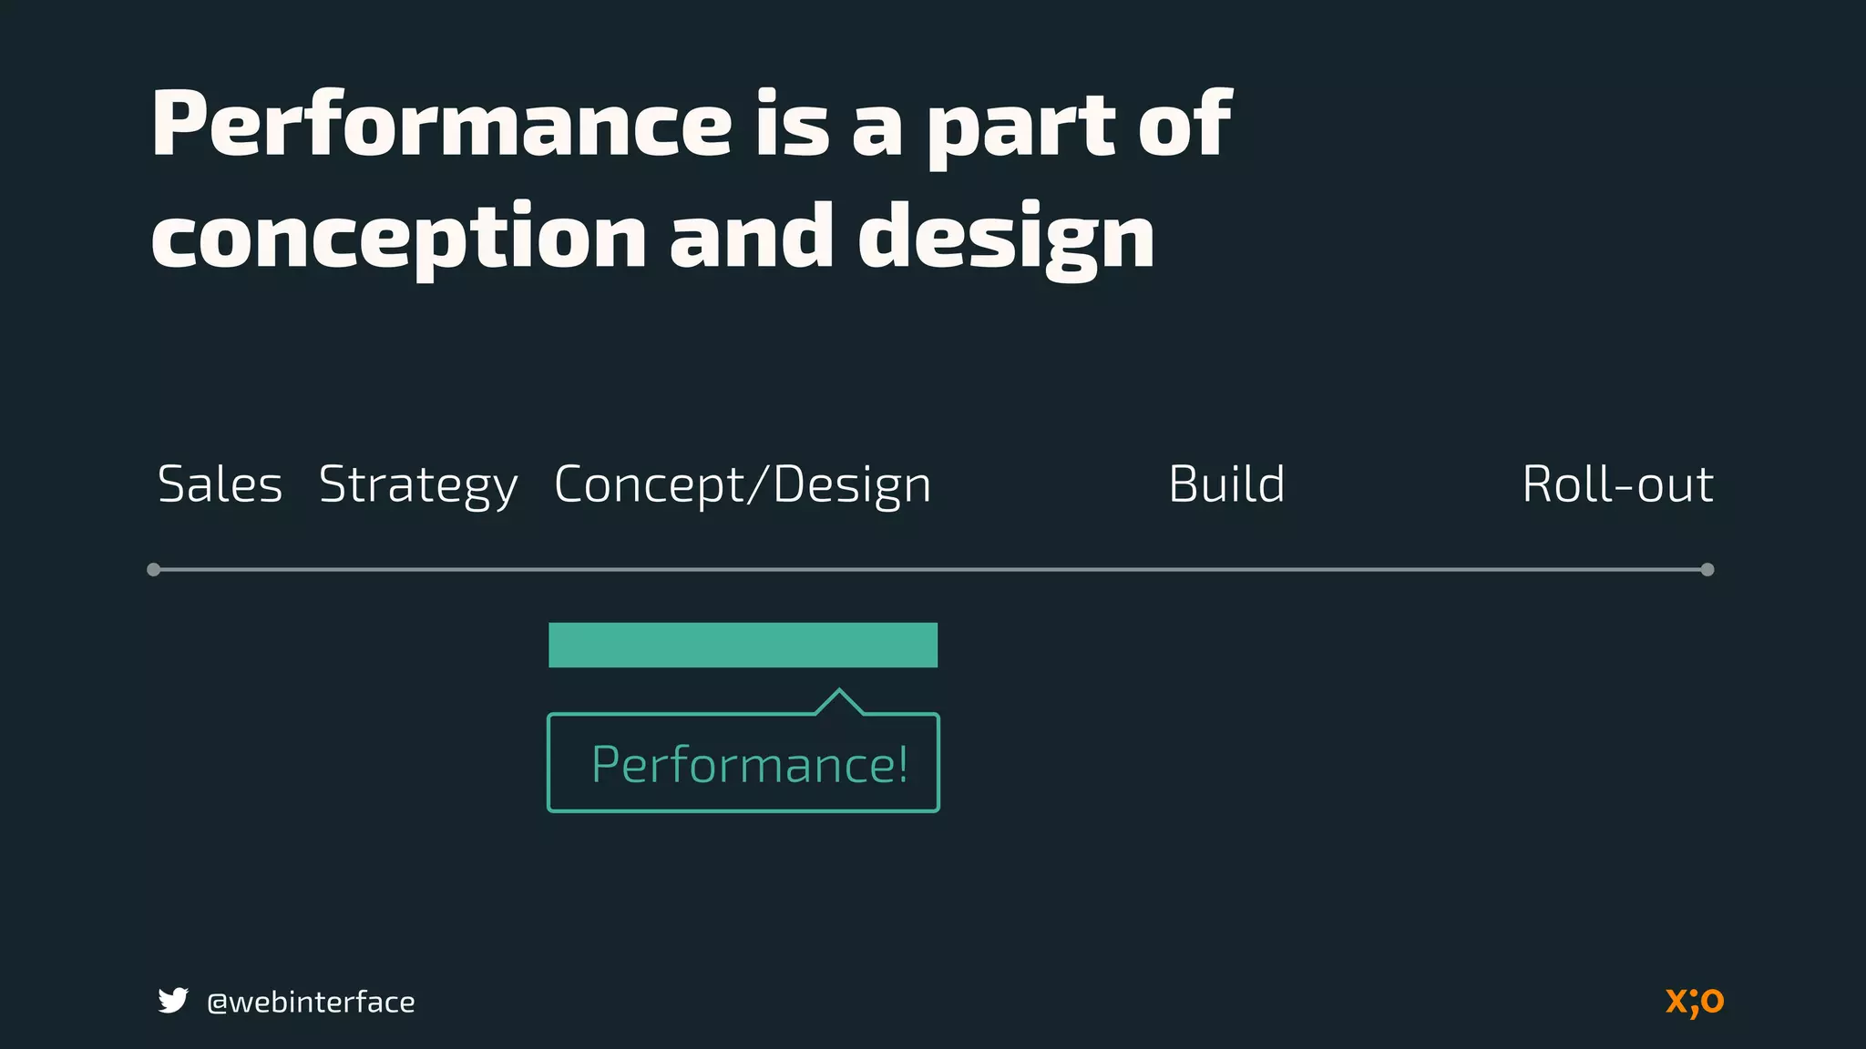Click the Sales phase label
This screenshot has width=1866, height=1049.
click(x=220, y=484)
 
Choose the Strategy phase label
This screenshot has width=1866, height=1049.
click(x=418, y=485)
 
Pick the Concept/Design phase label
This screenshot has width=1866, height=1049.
click(x=743, y=485)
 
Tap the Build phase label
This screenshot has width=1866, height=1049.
click(x=1226, y=484)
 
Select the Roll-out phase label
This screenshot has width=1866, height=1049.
click(x=1618, y=484)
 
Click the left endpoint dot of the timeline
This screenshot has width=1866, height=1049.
click(x=154, y=570)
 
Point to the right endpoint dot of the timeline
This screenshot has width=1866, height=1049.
click(x=1707, y=570)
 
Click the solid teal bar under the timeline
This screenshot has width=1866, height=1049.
click(x=743, y=645)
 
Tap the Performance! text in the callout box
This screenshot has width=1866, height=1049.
click(x=749, y=765)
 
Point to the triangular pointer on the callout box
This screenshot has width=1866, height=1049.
click(x=839, y=701)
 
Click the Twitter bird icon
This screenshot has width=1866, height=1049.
click(x=173, y=1001)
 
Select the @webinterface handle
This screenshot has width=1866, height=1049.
click(x=311, y=1003)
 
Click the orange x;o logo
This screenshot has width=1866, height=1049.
click(x=1695, y=1001)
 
